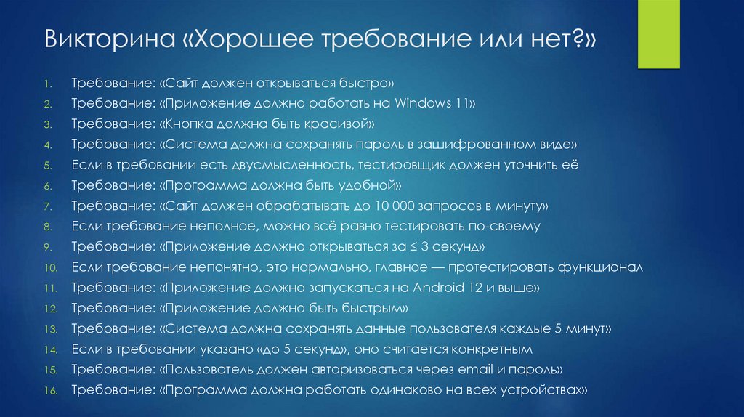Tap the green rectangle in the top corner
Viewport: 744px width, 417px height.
click(x=658, y=34)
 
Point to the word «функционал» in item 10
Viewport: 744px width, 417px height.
click(x=600, y=267)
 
